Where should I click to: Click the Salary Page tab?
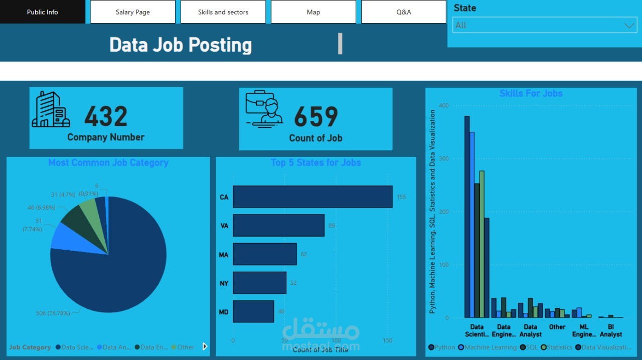pyautogui.click(x=133, y=12)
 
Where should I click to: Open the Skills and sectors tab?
pyautogui.click(x=223, y=12)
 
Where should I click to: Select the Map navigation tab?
pyautogui.click(x=313, y=12)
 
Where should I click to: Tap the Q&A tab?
pyautogui.click(x=403, y=12)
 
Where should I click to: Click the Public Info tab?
pyautogui.click(x=43, y=12)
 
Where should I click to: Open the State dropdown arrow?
pyautogui.click(x=629, y=26)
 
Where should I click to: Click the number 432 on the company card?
pyautogui.click(x=106, y=117)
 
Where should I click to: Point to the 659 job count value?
pyautogui.click(x=315, y=117)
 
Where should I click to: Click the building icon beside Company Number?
pyautogui.click(x=51, y=109)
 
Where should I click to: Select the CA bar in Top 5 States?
pyautogui.click(x=312, y=197)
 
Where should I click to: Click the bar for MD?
pyautogui.click(x=253, y=311)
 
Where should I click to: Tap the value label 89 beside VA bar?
pyautogui.click(x=332, y=226)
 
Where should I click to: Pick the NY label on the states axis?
pyautogui.click(x=224, y=283)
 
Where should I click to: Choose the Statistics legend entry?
pyautogui.click(x=559, y=347)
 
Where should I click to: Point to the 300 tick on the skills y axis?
pyautogui.click(x=444, y=158)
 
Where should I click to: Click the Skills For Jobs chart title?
pyautogui.click(x=531, y=93)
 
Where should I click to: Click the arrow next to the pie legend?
pyautogui.click(x=205, y=346)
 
